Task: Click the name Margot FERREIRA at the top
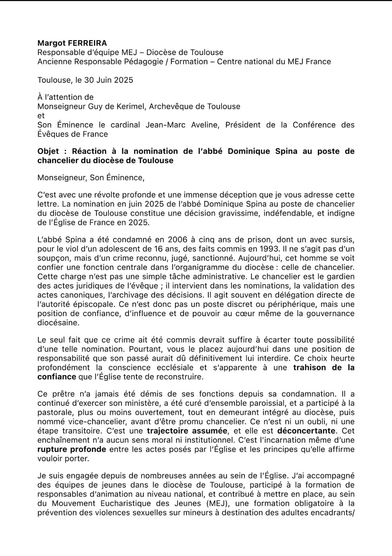[x=72, y=43]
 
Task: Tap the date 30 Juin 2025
[x=109, y=80]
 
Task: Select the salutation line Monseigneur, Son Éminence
[x=91, y=178]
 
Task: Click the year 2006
[x=177, y=240]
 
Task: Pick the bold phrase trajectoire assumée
[x=187, y=431]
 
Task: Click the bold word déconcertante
[x=306, y=431]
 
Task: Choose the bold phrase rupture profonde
[x=72, y=449]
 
